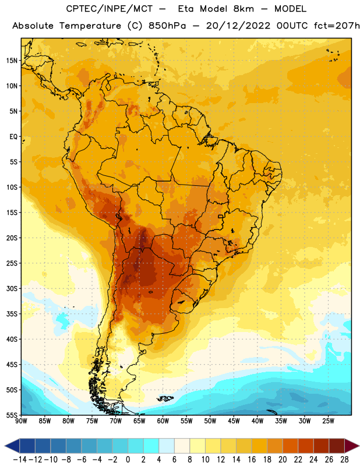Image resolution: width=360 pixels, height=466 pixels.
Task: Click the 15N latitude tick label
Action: [12, 61]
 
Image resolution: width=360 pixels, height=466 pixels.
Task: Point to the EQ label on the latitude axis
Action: [13, 137]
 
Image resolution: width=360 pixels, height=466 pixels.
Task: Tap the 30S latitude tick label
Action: [12, 288]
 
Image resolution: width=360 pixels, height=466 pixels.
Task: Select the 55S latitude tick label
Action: [12, 415]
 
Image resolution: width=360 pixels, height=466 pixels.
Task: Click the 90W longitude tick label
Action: [21, 421]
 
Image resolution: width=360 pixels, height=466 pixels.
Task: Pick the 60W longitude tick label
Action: [163, 421]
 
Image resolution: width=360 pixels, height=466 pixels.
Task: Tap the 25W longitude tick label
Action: [328, 421]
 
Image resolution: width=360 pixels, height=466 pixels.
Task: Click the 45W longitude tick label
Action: [234, 421]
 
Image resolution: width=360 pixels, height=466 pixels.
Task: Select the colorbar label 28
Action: [344, 460]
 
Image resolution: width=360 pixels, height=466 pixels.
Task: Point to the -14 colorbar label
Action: [20, 460]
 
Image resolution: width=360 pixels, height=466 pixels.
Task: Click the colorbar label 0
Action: [128, 460]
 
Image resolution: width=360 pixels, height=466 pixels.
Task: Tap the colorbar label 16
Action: [252, 460]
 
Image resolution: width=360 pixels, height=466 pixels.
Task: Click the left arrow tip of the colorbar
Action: [5, 446]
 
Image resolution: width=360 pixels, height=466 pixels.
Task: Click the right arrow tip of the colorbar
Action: [359, 446]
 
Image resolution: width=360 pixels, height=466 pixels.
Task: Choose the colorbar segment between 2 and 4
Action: [151, 446]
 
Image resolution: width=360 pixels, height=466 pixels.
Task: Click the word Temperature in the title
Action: [90, 26]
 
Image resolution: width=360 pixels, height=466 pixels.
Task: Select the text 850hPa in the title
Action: [167, 26]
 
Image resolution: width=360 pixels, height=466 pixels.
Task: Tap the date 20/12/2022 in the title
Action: [238, 26]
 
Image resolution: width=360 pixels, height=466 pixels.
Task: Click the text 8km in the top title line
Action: [243, 9]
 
